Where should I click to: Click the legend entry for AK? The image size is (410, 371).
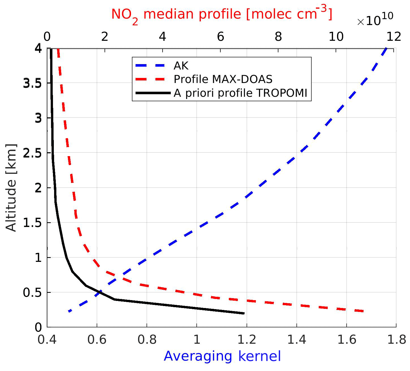click(181, 66)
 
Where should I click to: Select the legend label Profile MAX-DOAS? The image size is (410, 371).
click(223, 79)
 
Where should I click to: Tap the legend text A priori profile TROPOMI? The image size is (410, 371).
click(240, 93)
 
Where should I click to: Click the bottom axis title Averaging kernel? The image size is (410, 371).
click(222, 356)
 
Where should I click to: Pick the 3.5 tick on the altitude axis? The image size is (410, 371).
click(32, 83)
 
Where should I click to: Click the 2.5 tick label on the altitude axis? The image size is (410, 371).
click(32, 153)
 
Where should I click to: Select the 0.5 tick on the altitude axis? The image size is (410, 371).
click(32, 293)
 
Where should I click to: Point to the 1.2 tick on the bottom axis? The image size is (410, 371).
click(247, 340)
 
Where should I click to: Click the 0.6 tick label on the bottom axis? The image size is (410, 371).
click(97, 340)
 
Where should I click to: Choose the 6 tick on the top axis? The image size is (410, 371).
click(220, 37)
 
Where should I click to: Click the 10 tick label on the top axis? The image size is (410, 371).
click(336, 37)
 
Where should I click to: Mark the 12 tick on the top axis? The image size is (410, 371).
click(394, 37)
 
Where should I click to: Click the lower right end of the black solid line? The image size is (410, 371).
click(244, 313)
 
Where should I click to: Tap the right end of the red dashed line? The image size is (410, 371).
click(364, 311)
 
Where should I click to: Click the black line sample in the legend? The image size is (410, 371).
click(153, 93)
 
